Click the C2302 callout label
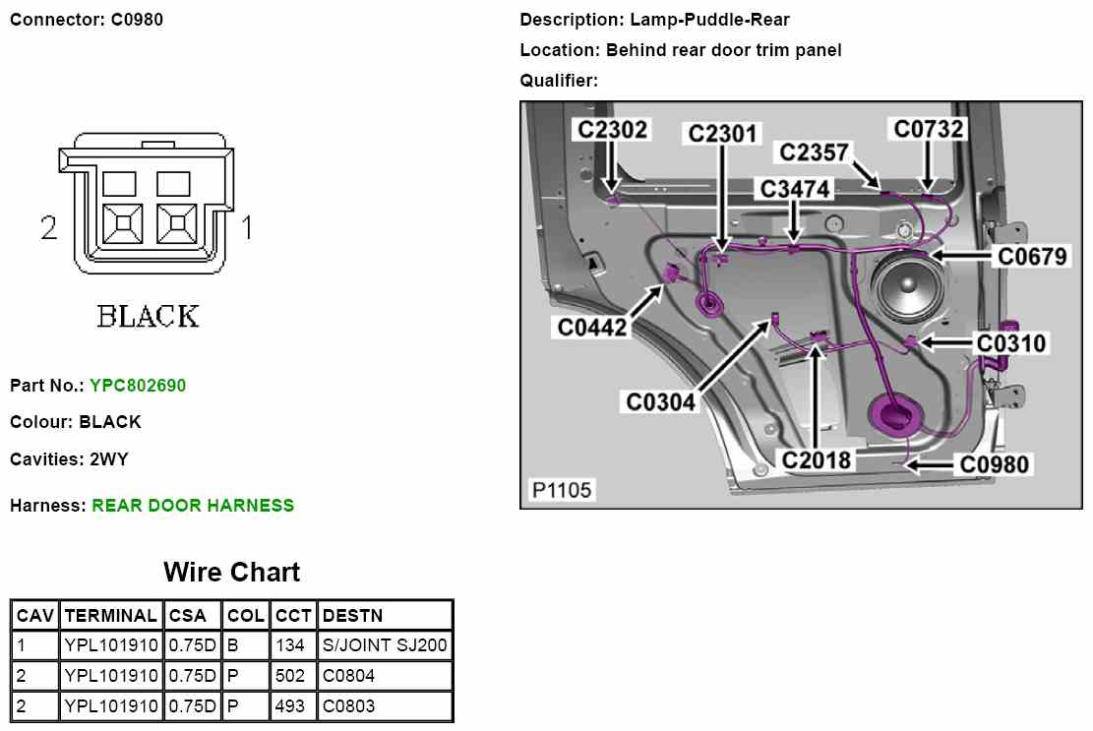coord(612,130)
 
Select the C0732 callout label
coord(929,129)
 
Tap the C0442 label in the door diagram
coord(592,328)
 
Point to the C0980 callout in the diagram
coord(995,463)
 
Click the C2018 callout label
coord(817,459)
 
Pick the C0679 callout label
coord(1032,257)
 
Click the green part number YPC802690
coord(137,386)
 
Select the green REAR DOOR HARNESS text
coord(193,506)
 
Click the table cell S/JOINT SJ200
coord(385,646)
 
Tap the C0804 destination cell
coord(348,677)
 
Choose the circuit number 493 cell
coord(292,706)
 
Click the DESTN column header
coord(352,616)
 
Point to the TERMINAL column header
coord(110,616)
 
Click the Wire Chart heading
coord(231,573)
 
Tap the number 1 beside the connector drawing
coord(247,229)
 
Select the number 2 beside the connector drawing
coord(49,229)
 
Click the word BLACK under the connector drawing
coord(148,317)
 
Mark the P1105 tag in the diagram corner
coord(562,490)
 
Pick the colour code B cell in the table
coord(232,646)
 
